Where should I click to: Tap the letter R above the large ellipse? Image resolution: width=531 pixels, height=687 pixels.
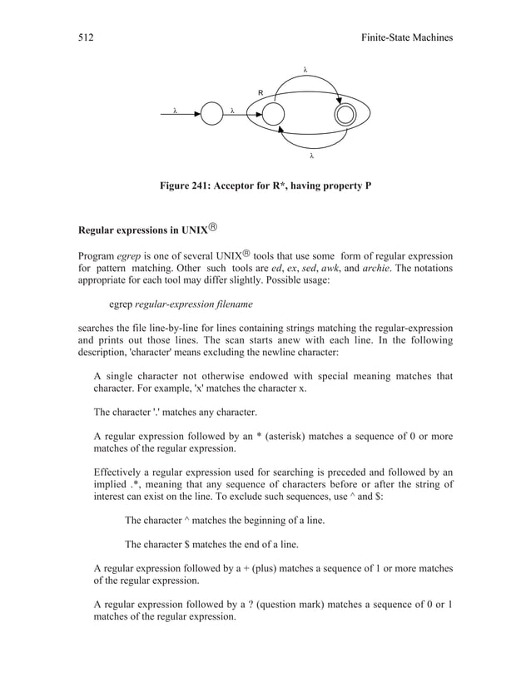261,92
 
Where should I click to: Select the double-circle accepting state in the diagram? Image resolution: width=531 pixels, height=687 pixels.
343,114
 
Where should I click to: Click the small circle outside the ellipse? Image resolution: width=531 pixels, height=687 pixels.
212,114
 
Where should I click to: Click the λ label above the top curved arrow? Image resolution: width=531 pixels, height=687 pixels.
306,69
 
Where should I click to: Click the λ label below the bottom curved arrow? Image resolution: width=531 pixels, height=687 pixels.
311,155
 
